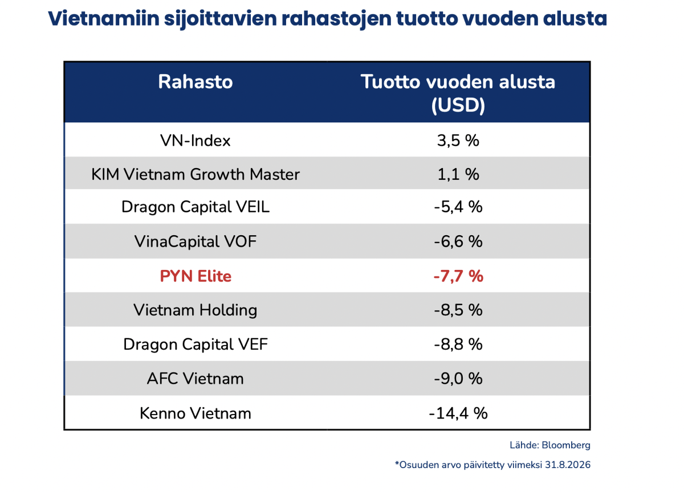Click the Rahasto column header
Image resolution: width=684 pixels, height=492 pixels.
tap(196, 82)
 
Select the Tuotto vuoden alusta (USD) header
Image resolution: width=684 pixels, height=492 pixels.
tap(458, 93)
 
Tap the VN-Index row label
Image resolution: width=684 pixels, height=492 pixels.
tap(196, 141)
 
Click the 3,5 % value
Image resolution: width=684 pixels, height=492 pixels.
tap(458, 141)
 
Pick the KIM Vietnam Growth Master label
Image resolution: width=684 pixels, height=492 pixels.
tap(196, 174)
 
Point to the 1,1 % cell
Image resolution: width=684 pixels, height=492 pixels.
tap(458, 174)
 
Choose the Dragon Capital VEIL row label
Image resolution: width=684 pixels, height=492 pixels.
tap(196, 207)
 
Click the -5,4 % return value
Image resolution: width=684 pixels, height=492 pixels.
tap(458, 207)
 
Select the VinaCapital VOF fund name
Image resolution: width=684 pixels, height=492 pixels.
tap(196, 241)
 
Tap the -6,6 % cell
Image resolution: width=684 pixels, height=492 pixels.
tap(458, 241)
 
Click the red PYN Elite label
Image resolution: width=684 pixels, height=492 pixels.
tap(196, 276)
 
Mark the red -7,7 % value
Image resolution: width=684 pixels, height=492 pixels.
tap(458, 276)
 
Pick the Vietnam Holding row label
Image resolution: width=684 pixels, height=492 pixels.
tap(196, 310)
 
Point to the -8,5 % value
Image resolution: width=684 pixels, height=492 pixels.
tap(458, 310)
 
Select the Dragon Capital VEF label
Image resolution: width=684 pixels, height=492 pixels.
tap(196, 345)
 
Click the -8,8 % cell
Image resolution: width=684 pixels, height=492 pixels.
tap(458, 345)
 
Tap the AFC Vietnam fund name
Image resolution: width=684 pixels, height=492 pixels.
tap(196, 379)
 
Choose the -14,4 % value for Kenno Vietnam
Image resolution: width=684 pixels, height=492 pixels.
tap(458, 414)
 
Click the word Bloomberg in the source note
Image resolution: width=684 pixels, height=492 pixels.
tap(566, 445)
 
